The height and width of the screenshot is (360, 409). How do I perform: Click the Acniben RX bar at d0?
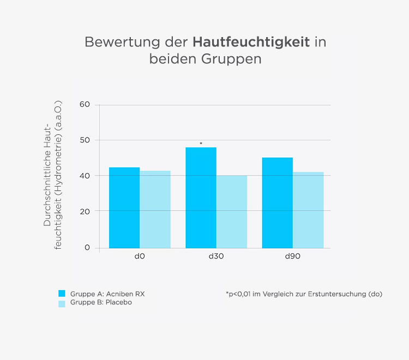pos(124,207)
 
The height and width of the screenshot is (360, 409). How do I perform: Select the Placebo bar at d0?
pos(155,209)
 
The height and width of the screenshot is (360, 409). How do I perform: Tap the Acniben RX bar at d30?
pos(201,197)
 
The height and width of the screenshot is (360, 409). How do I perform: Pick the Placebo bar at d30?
pos(232,211)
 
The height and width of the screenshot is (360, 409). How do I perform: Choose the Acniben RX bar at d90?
pos(278,202)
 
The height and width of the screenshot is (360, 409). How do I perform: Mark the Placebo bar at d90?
pos(308,209)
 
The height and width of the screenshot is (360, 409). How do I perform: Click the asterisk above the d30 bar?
pos(201,144)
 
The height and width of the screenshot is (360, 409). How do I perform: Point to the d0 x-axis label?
pos(140,256)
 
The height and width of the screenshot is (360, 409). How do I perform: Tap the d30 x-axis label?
pos(216,256)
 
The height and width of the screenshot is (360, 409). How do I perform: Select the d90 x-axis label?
pos(293,256)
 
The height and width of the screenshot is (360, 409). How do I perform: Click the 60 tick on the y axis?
pos(84,105)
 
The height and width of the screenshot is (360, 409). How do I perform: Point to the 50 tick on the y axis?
pos(84,140)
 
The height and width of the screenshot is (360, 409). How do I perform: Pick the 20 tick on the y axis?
pos(84,211)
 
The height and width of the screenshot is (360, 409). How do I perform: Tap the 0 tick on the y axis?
pos(87,248)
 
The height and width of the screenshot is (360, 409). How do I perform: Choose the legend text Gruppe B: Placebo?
pos(101,303)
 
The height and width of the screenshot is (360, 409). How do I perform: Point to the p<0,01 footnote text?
pos(304,294)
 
